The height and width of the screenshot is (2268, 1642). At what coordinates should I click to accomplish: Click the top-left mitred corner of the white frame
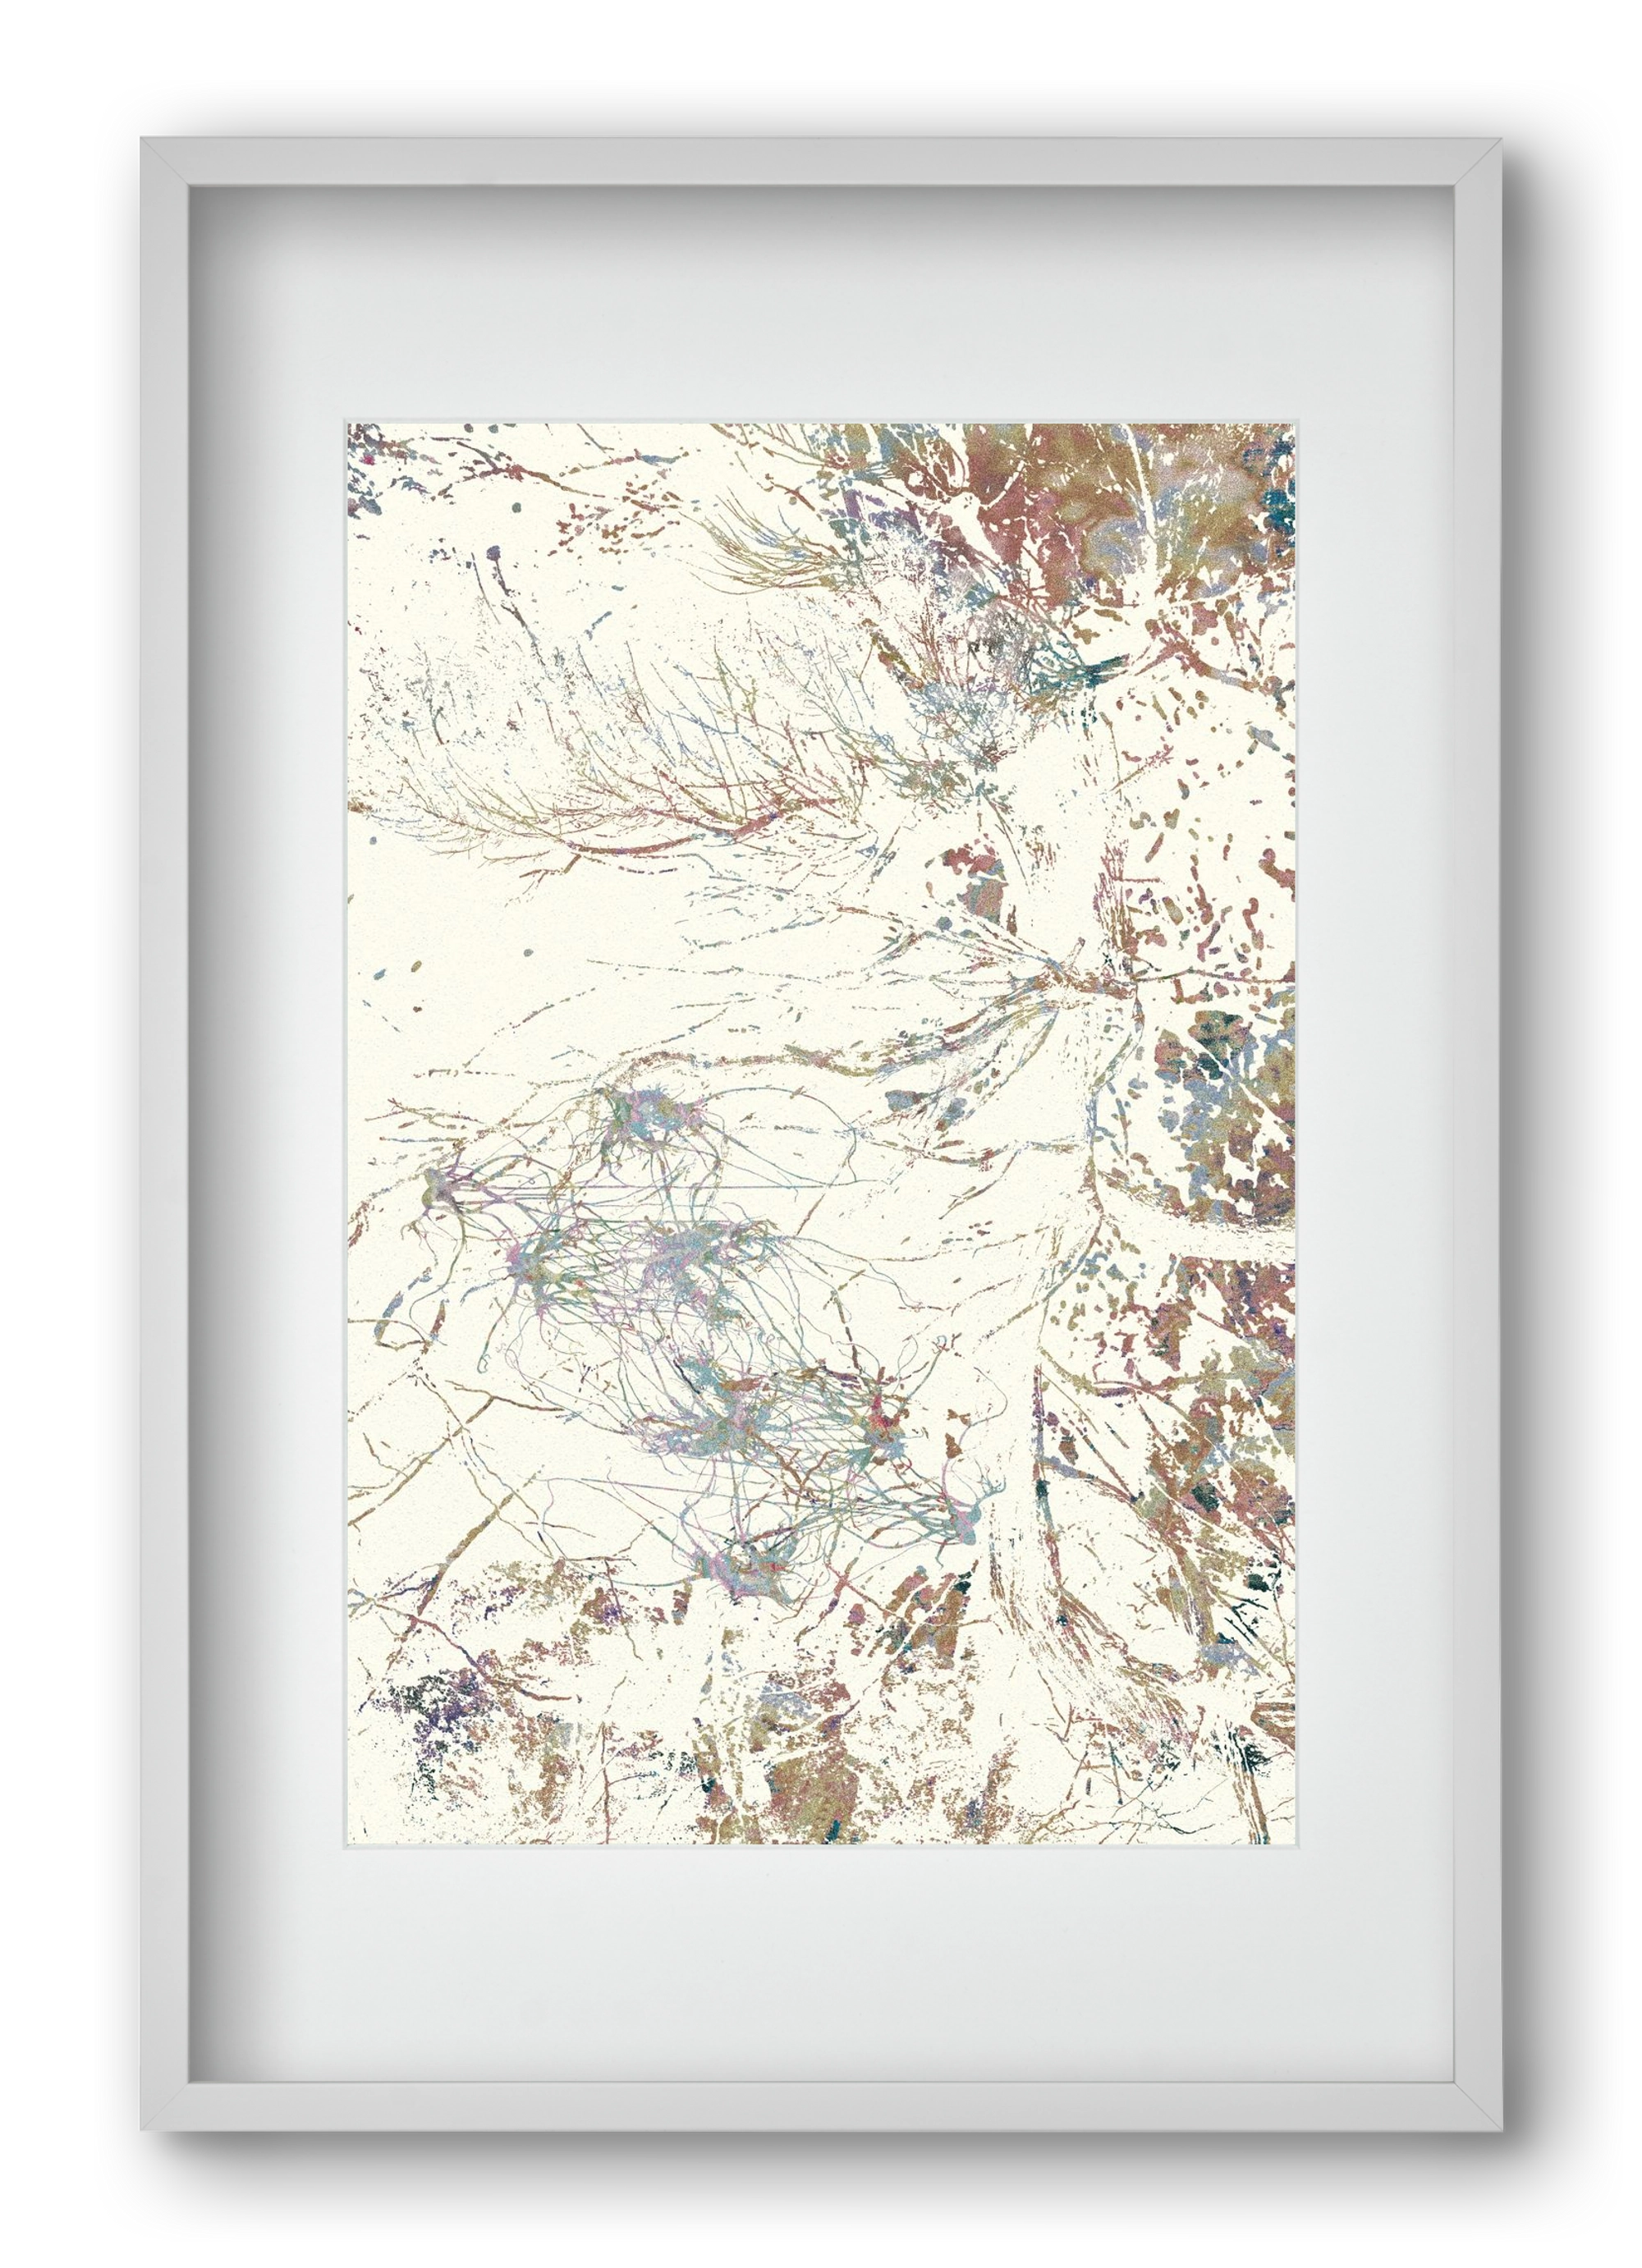[164, 161]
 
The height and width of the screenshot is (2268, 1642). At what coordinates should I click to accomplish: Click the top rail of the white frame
[820, 160]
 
